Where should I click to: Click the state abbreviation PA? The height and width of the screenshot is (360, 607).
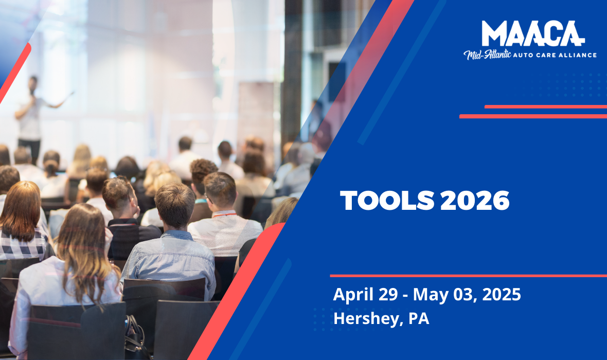[x=419, y=318]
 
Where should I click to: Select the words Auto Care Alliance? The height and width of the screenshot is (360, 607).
[x=559, y=55]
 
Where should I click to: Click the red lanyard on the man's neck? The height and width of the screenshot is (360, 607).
[x=225, y=213]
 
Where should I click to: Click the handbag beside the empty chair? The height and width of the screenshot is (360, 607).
[x=135, y=339]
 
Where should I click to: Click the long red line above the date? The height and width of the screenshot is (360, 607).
[x=468, y=276]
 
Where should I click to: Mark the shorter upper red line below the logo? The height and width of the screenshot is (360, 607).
[x=545, y=106]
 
